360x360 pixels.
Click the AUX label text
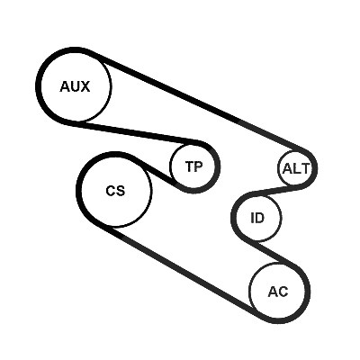[75, 86]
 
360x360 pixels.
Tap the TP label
[193, 166]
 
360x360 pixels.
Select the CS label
[115, 191]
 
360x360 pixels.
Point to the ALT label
[295, 169]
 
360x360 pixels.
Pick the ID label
[257, 218]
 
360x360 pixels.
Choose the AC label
[278, 292]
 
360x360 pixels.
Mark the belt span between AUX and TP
[137, 132]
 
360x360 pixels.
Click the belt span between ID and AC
[277, 253]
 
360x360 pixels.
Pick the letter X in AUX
[85, 86]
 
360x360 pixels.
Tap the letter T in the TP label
[190, 166]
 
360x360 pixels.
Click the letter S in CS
[121, 191]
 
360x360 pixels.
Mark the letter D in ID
[259, 218]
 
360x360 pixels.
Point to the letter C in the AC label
[283, 292]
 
